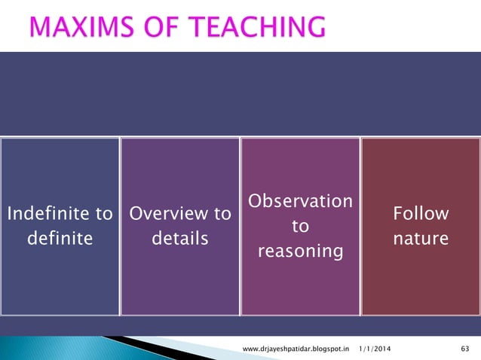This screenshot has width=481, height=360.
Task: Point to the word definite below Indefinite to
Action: [x=60, y=239]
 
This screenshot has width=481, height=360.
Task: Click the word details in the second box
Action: [x=179, y=239]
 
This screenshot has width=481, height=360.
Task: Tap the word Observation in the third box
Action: [x=300, y=202]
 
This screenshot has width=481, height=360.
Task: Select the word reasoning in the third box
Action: [x=300, y=250]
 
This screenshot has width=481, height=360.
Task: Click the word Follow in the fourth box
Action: [x=421, y=214]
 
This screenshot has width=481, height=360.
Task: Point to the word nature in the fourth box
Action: [x=421, y=239]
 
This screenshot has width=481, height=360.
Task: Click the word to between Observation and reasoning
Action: [x=300, y=226]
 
